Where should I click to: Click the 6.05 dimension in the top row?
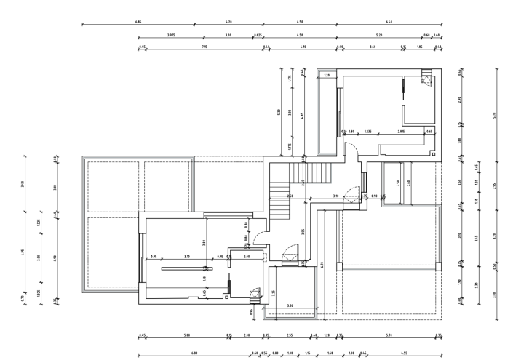point(138,23)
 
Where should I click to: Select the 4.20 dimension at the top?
point(228,23)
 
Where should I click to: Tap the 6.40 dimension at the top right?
point(389,23)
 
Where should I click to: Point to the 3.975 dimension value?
point(170,35)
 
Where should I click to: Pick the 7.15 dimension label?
point(204,47)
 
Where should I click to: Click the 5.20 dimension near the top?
point(379,35)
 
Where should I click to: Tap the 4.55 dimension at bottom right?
point(404,353)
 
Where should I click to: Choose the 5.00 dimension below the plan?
point(187,335)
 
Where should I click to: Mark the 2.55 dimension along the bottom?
point(290,335)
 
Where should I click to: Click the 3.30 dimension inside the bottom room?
point(290,305)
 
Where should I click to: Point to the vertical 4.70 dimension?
point(321,265)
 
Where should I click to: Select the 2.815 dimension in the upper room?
point(401,132)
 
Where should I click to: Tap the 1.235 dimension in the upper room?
point(368,132)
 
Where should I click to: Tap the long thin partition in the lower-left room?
point(181,268)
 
